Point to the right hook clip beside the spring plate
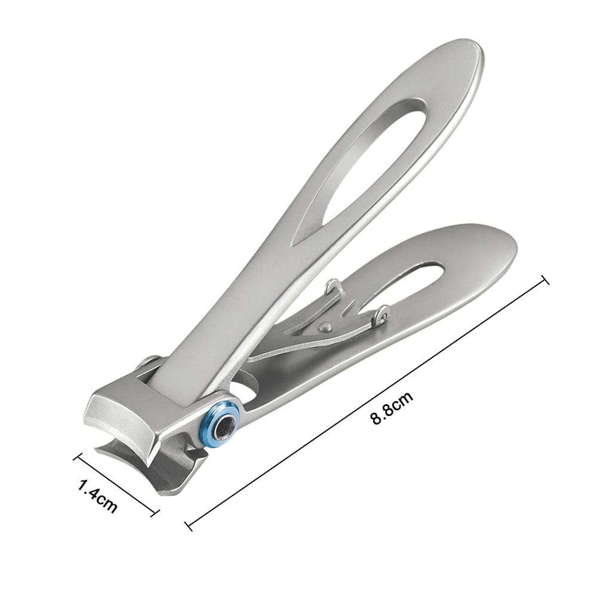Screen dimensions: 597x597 [381, 314]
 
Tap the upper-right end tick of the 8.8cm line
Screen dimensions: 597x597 [544, 280]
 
